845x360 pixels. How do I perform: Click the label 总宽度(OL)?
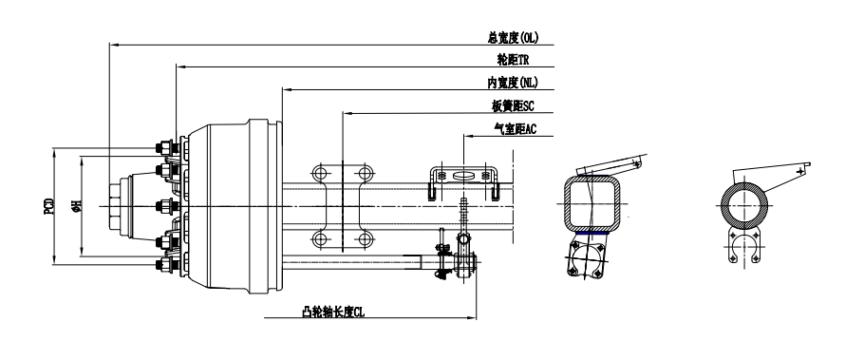(x=513, y=38)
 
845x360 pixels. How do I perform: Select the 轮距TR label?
(x=513, y=60)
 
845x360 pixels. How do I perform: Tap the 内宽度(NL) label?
(x=513, y=83)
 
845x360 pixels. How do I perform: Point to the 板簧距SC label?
(x=513, y=106)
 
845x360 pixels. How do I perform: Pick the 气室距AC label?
(x=516, y=129)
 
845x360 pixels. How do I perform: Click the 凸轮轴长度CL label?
(x=333, y=312)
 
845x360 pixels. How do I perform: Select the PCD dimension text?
(x=49, y=206)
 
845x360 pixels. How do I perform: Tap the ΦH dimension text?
(x=77, y=205)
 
